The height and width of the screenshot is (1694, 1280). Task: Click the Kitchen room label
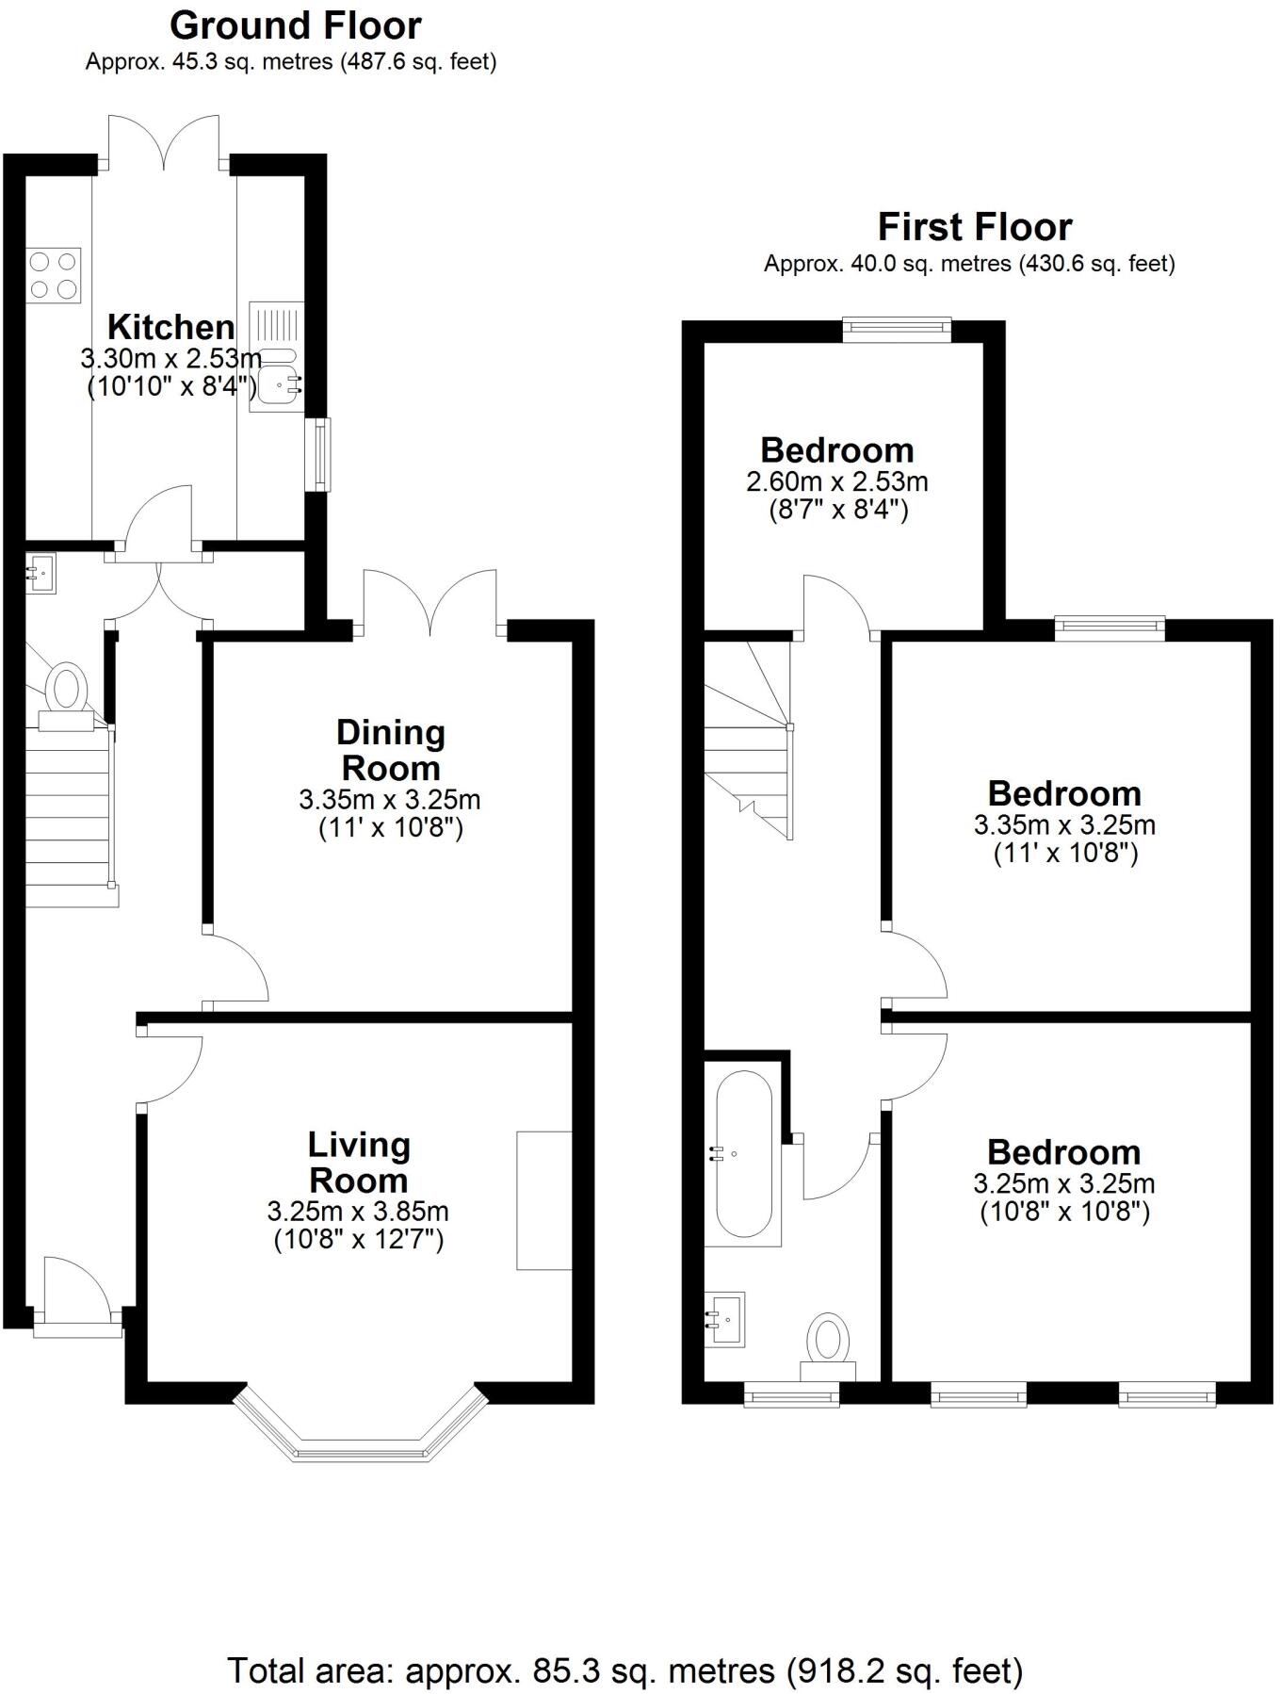pyautogui.click(x=170, y=327)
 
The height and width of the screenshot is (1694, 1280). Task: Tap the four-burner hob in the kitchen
pyautogui.click(x=55, y=274)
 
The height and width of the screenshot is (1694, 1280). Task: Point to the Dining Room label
pyautogui.click(x=390, y=749)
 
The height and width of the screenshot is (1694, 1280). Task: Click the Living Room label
pyautogui.click(x=359, y=1162)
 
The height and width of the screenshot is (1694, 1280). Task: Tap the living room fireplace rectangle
pyautogui.click(x=543, y=1200)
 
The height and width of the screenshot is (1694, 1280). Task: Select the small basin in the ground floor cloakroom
pyautogui.click(x=41, y=571)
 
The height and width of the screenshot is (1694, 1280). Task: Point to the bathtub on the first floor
pyautogui.click(x=744, y=1155)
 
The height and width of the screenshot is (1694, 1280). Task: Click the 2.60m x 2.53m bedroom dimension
pyautogui.click(x=836, y=482)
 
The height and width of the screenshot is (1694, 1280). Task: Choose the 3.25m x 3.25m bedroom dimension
pyautogui.click(x=1063, y=1183)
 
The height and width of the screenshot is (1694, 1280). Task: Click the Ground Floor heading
pyautogui.click(x=296, y=25)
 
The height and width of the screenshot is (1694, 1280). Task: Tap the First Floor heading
pyautogui.click(x=974, y=227)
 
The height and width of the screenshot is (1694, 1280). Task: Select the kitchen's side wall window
pyautogui.click(x=322, y=454)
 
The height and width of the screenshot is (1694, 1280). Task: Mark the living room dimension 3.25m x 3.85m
pyautogui.click(x=358, y=1212)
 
